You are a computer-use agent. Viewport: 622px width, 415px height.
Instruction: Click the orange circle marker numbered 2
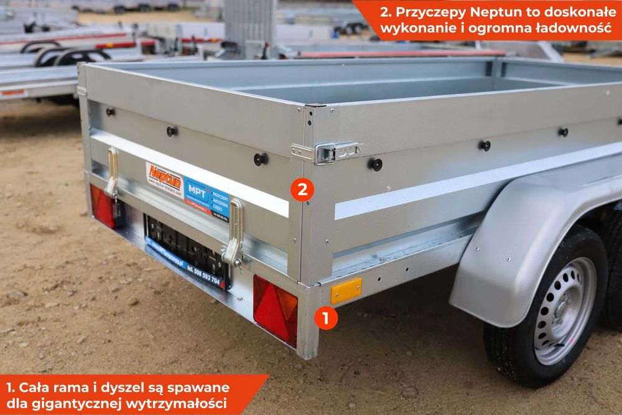(x=302, y=189)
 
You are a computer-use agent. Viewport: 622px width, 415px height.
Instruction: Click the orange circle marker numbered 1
(x=325, y=318)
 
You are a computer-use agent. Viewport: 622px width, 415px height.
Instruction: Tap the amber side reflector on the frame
(x=346, y=291)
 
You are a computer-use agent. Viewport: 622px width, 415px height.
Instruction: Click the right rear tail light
(x=275, y=309)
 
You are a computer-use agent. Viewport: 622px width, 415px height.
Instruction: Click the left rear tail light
(x=102, y=206)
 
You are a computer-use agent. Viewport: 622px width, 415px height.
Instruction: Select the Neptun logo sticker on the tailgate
(x=164, y=179)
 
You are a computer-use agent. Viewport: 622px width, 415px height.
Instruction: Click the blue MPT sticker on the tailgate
(x=207, y=199)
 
